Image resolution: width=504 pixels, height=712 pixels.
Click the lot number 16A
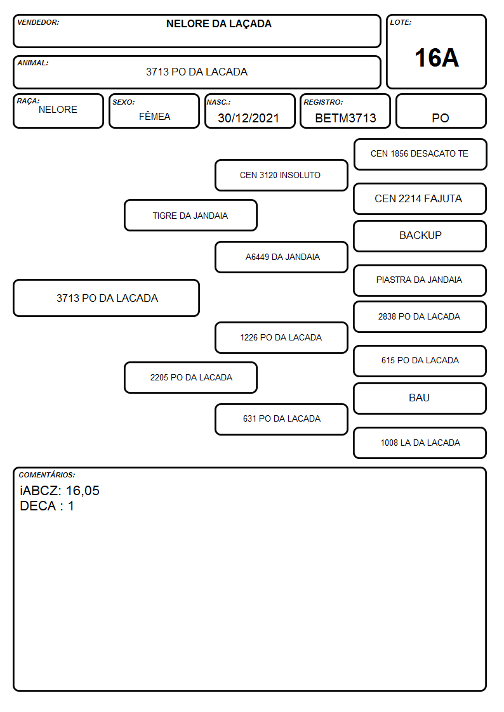pyautogui.click(x=436, y=58)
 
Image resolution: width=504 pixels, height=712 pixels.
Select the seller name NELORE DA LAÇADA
pyautogui.click(x=218, y=24)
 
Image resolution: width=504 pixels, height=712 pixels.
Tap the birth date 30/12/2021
pyautogui.click(x=248, y=118)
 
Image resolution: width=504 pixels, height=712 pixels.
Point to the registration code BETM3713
pyautogui.click(x=345, y=118)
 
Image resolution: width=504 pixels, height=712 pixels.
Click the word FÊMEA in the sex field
pyautogui.click(x=154, y=116)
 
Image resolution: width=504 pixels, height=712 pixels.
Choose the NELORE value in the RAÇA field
pyautogui.click(x=58, y=110)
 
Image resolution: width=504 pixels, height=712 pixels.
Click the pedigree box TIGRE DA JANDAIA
pyautogui.click(x=190, y=215)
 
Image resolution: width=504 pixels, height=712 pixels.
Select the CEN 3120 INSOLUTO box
pyautogui.click(x=281, y=175)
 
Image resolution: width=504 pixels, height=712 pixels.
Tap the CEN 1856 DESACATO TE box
pyautogui.click(x=420, y=155)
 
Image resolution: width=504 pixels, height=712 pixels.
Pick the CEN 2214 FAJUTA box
pyautogui.click(x=420, y=198)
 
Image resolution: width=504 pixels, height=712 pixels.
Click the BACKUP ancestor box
pyautogui.click(x=420, y=236)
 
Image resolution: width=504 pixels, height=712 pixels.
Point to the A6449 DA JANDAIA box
pyautogui.click(x=281, y=257)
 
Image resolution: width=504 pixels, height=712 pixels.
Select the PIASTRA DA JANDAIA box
pyautogui.click(x=420, y=280)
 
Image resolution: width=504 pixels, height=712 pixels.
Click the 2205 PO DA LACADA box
pyautogui.click(x=190, y=377)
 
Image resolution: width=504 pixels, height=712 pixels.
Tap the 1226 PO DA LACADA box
pyautogui.click(x=281, y=337)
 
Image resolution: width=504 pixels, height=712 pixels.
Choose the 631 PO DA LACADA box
pyautogui.click(x=281, y=419)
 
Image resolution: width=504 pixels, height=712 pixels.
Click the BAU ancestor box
pyautogui.click(x=420, y=398)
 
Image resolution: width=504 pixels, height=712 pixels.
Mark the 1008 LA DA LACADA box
pyautogui.click(x=420, y=443)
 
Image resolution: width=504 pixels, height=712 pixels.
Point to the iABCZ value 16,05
pyautogui.click(x=83, y=491)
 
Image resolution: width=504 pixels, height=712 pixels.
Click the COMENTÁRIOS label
pyautogui.click(x=47, y=475)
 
